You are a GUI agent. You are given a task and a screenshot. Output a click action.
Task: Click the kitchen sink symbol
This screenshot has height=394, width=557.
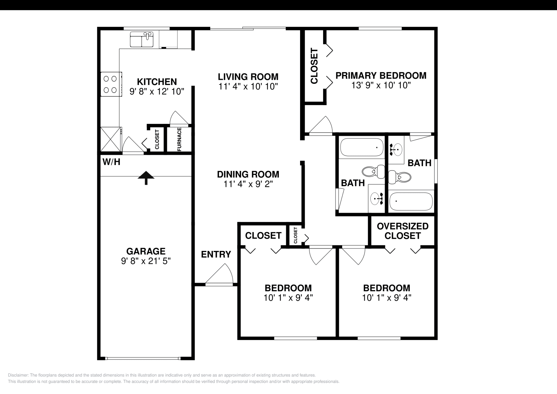click(142, 39)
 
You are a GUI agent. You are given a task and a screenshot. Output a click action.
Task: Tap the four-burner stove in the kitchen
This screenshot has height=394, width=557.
click(111, 84)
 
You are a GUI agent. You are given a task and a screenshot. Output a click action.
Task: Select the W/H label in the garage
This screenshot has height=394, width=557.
click(111, 162)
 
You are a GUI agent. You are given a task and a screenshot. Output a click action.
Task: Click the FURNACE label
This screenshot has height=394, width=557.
click(179, 139)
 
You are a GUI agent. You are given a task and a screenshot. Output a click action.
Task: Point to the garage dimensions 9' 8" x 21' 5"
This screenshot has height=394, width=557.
click(146, 261)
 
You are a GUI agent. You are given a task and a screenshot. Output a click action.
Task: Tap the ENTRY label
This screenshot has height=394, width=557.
click(216, 254)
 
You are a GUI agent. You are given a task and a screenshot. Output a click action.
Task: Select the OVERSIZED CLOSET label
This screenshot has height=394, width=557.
click(402, 231)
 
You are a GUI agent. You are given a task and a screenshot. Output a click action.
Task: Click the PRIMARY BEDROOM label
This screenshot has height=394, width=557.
click(381, 76)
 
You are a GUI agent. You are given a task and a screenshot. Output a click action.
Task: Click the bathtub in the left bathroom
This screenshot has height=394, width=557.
click(361, 147)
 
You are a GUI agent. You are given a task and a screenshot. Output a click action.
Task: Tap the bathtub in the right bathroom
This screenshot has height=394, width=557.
click(411, 202)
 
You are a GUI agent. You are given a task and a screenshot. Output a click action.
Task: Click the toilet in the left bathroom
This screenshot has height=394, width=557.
click(373, 171)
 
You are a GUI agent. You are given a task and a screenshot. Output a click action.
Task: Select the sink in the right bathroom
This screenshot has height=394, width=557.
click(395, 149)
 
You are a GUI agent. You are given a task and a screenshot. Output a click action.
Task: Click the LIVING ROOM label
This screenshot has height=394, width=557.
click(248, 77)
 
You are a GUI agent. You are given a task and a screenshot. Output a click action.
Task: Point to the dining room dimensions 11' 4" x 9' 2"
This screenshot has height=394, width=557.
click(248, 184)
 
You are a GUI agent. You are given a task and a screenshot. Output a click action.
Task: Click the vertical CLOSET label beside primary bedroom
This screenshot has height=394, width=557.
click(314, 66)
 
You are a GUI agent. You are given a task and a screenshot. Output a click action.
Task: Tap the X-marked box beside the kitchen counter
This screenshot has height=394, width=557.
click(110, 139)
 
